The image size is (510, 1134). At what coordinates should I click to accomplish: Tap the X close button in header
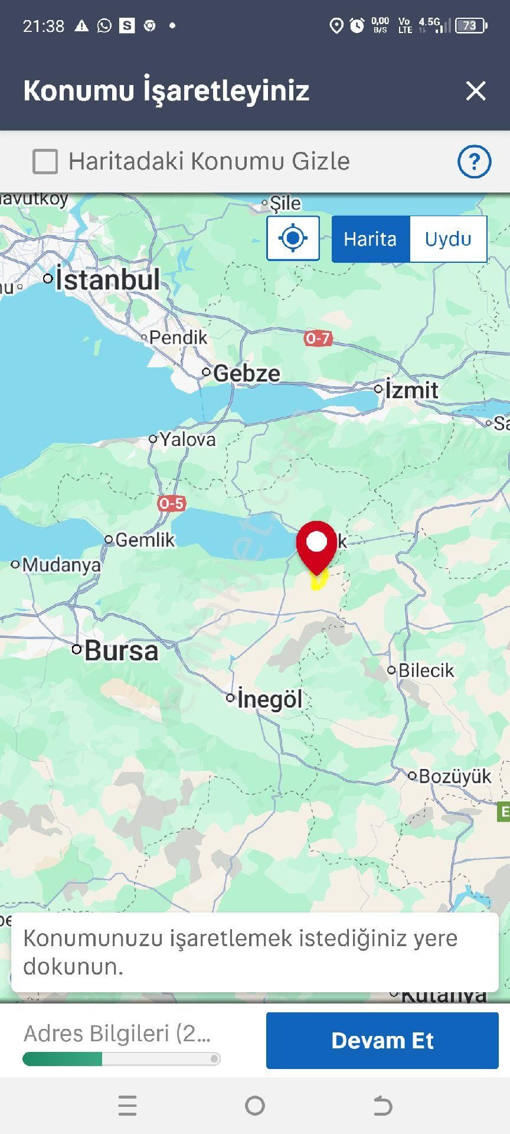click(476, 91)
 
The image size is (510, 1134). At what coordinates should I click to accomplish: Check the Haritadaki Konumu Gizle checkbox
click(45, 161)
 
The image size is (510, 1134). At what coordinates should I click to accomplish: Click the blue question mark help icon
click(474, 161)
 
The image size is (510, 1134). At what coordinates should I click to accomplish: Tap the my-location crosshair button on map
click(293, 239)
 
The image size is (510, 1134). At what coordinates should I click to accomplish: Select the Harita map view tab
click(370, 239)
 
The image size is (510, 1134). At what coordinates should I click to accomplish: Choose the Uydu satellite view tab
click(448, 239)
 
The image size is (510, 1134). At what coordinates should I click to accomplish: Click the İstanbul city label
click(107, 280)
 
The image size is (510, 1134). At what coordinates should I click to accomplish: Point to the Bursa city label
click(121, 651)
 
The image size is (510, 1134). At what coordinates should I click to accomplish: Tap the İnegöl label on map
click(269, 699)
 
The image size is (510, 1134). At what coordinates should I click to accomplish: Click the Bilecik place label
click(426, 670)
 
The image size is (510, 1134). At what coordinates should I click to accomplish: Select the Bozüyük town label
click(455, 776)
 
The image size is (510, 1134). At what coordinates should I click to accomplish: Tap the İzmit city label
click(411, 390)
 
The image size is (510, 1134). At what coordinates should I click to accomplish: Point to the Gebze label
click(246, 373)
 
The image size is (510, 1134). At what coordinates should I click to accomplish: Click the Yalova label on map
click(187, 439)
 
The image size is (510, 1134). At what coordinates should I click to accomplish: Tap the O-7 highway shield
click(318, 338)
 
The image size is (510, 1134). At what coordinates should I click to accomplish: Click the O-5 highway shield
click(171, 503)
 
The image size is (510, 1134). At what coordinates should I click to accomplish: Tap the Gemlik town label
click(145, 540)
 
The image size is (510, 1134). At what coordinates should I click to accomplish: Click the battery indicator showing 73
click(471, 25)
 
